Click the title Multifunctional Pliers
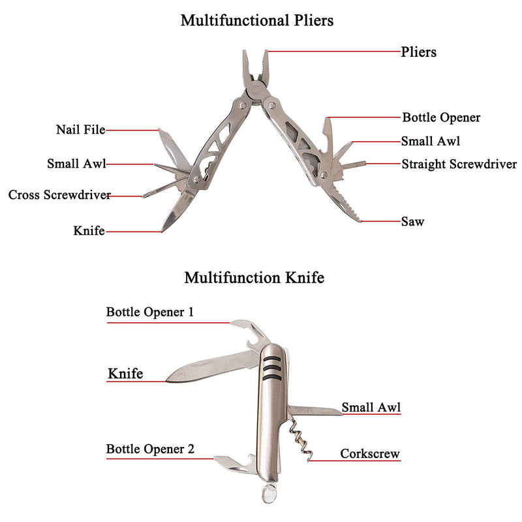(x=257, y=21)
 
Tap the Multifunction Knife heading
(x=254, y=277)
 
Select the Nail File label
(x=80, y=129)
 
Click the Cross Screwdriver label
(x=59, y=194)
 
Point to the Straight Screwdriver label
(x=459, y=164)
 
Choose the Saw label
(x=412, y=221)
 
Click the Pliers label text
(x=418, y=52)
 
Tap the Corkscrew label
(x=370, y=453)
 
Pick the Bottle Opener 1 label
(x=150, y=312)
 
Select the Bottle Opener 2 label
(x=150, y=449)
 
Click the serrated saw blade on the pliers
(x=343, y=200)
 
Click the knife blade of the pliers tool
(x=176, y=209)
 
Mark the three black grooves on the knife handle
(x=272, y=369)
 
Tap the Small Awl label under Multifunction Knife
(x=371, y=407)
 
